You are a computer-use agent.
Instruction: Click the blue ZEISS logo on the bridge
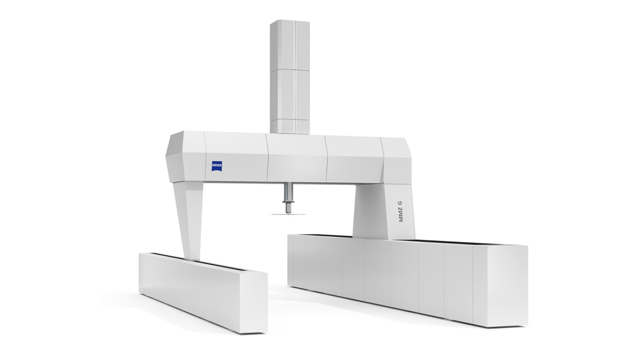click(217, 166)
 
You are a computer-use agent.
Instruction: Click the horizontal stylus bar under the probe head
click(288, 214)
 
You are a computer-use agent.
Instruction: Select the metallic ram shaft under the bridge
click(288, 191)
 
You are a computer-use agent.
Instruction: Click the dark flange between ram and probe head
click(288, 202)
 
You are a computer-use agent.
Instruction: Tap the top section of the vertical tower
click(290, 44)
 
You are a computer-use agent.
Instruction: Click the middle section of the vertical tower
click(290, 94)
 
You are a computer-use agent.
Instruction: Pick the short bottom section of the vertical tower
click(290, 126)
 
